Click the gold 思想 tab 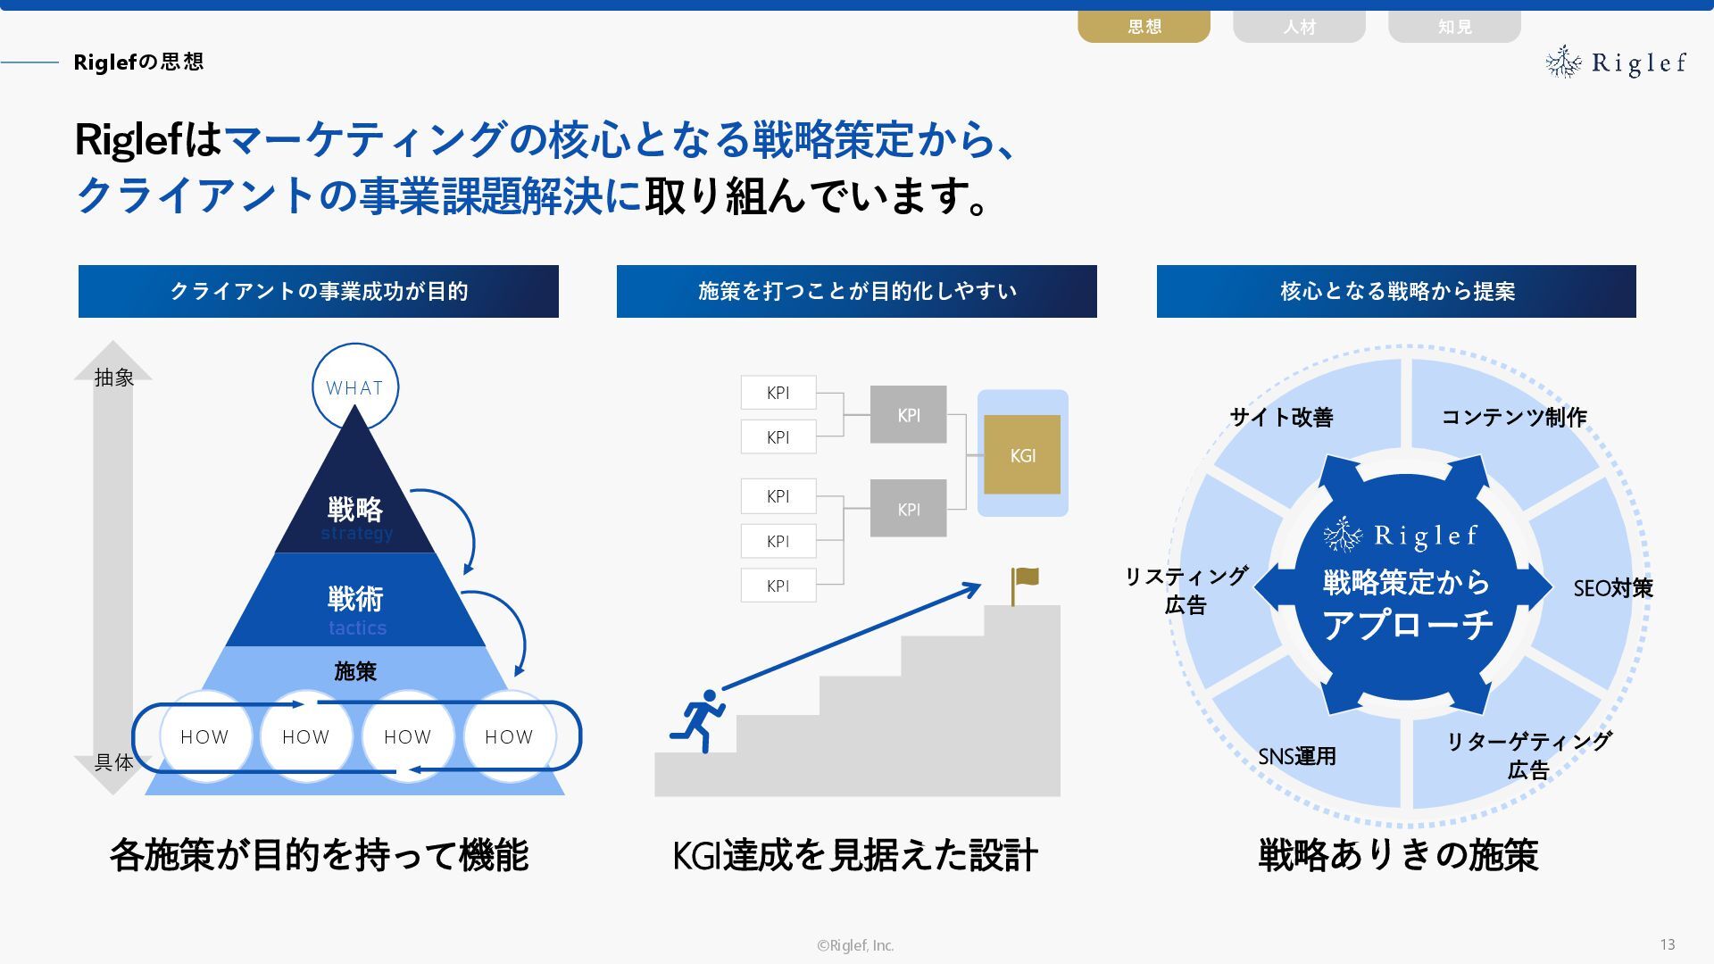[1144, 27]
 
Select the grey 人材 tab [1299, 27]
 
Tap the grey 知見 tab [1454, 27]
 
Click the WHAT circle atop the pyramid [354, 387]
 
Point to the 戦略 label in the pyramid [355, 510]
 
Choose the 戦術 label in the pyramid [355, 599]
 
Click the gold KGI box [1022, 455]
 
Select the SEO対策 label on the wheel [1612, 588]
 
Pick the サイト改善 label [1281, 417]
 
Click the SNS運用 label [1297, 757]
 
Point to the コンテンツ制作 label [1514, 417]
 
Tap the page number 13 [1667, 944]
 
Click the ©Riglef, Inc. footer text [855, 945]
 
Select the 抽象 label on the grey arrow [114, 378]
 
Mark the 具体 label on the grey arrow [114, 762]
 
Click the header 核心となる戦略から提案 [1397, 291]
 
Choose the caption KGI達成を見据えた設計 [855, 855]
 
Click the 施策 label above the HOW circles [355, 671]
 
